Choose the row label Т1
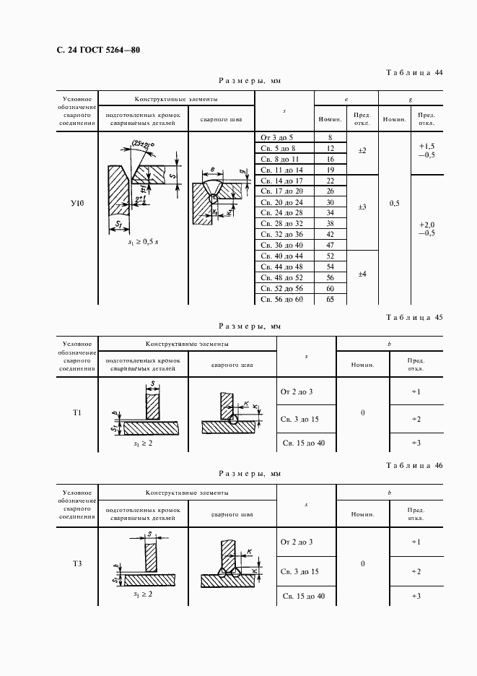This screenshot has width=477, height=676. coord(76,413)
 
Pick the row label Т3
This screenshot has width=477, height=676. coord(76,563)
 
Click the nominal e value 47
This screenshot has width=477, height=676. coord(330,246)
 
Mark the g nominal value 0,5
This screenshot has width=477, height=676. coord(394,204)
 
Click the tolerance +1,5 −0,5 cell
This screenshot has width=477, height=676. coord(426,149)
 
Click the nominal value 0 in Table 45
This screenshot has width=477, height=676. coord(362,413)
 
